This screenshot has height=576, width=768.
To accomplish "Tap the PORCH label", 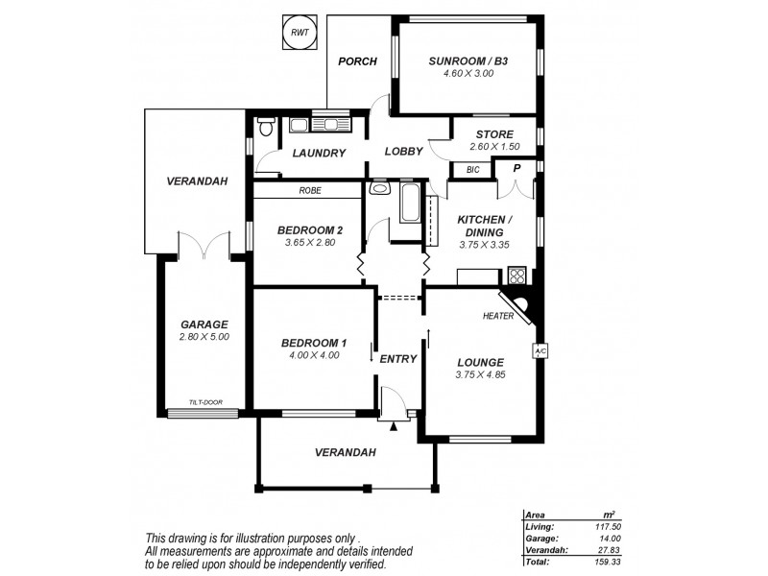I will (356, 61).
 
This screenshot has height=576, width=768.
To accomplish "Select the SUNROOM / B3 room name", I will (468, 61).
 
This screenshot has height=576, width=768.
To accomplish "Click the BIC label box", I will (472, 170).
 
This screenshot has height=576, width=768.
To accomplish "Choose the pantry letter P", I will (516, 168).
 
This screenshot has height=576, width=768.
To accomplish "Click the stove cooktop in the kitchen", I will (516, 276).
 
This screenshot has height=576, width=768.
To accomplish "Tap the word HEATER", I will (499, 315).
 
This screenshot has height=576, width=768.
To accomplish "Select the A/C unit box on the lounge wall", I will (540, 351).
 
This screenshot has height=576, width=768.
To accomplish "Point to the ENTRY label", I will (398, 359).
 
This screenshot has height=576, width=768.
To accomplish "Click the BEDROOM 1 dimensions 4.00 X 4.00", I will (311, 355).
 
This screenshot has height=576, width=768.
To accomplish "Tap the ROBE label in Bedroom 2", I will (309, 191).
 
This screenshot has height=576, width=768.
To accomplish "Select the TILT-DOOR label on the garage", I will (212, 402).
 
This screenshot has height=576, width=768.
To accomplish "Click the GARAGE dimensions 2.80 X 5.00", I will (204, 337).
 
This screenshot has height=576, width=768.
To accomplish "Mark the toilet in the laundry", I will (266, 126).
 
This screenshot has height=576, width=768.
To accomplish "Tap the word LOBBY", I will (404, 152).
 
